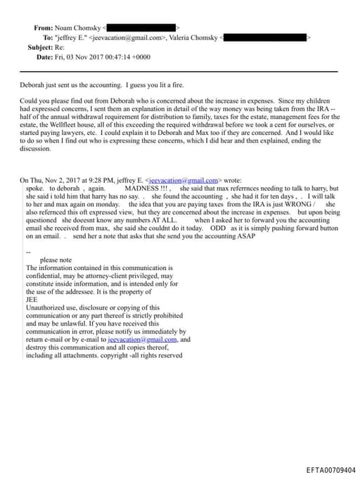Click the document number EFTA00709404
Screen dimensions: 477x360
coord(331,469)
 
